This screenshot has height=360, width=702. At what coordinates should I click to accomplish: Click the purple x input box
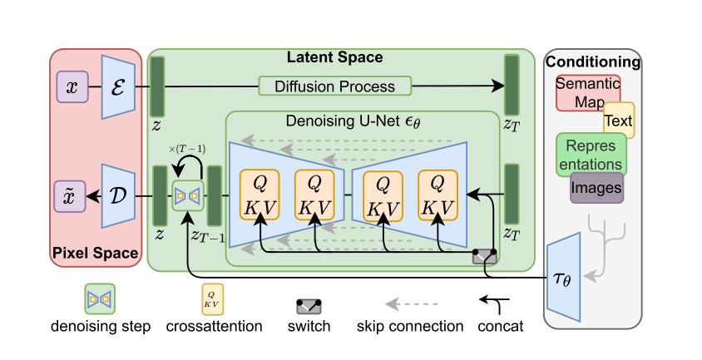coord(72,86)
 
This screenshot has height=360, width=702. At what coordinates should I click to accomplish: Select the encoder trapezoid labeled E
coord(118,86)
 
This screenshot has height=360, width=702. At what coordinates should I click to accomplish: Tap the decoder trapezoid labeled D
coord(118,195)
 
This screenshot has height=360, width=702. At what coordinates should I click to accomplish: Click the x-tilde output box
coord(69,196)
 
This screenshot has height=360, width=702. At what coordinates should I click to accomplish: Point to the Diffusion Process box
coord(335,86)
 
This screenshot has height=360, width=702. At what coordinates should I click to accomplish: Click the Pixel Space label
coord(96,253)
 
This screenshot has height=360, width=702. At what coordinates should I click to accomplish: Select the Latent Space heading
coord(335,57)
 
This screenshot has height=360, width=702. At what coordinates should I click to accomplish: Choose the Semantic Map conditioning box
coord(588,92)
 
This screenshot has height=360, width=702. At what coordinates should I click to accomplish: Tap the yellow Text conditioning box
coord(619,120)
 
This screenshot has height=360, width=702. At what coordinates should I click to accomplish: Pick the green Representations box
coord(591,155)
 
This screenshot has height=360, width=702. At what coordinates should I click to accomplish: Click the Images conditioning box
coord(596,188)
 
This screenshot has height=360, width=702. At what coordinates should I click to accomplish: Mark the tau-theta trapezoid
coord(564,277)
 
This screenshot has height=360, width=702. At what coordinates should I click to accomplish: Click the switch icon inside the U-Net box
coord(484,257)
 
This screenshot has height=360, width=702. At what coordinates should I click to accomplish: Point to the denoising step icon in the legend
coord(100,299)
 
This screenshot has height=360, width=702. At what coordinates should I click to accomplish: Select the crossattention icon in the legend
coord(212,299)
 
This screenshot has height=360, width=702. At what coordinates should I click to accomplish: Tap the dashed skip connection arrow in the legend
coord(412,304)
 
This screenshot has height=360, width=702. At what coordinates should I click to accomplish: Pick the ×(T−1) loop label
coord(187,149)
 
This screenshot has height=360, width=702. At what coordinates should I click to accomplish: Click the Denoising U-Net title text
coord(353,121)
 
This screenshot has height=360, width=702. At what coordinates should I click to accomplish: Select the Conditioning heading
coord(593,62)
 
